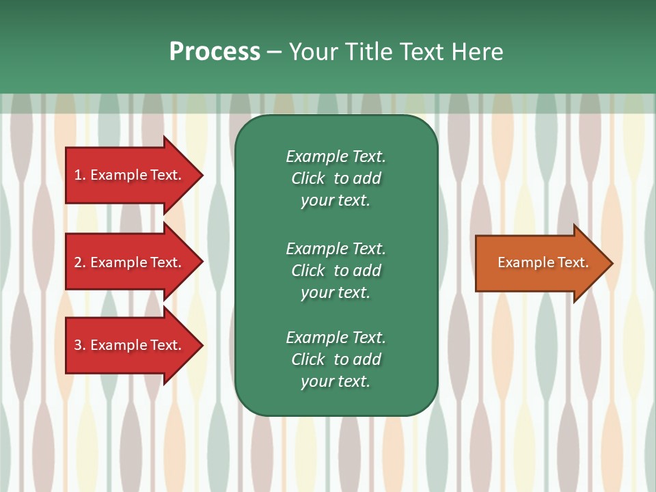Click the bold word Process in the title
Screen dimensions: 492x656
215,52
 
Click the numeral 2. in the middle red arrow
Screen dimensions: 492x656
80,262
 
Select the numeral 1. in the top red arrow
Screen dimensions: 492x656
80,175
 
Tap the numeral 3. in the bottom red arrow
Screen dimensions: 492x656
80,345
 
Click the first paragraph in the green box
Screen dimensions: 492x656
336,178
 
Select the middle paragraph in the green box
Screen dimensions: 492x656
336,271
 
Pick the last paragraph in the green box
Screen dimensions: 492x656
336,359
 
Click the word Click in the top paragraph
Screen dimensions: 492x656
307,178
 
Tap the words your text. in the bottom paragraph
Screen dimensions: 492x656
336,381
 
